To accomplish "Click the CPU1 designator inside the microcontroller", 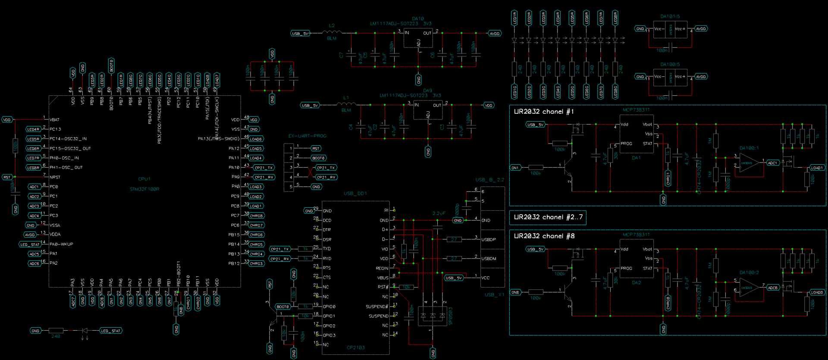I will click(x=144, y=179).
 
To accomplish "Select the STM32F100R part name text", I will click(x=144, y=189).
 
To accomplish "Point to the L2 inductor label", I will click(x=332, y=26).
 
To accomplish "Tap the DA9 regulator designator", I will click(x=427, y=91).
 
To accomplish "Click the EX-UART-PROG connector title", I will click(x=307, y=136).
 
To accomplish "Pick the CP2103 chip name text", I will click(x=356, y=347).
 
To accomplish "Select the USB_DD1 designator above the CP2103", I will click(x=355, y=194).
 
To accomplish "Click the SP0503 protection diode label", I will click(x=450, y=316).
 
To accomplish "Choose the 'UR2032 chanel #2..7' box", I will click(x=548, y=217).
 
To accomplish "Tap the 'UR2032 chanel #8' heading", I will click(x=544, y=236).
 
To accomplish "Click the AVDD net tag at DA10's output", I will click(x=495, y=34).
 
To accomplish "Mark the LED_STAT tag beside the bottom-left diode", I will click(x=111, y=331).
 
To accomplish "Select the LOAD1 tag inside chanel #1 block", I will click(x=817, y=168).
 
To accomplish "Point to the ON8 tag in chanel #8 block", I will click(x=515, y=292).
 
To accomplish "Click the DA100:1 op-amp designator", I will click(x=749, y=148).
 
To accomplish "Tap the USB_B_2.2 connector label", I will click(x=489, y=180).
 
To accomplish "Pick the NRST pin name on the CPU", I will click(x=55, y=177).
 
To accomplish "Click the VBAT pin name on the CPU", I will click(x=54, y=120).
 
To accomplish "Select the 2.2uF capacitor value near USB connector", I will click(x=439, y=213).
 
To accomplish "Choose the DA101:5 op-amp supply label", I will click(x=670, y=16).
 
